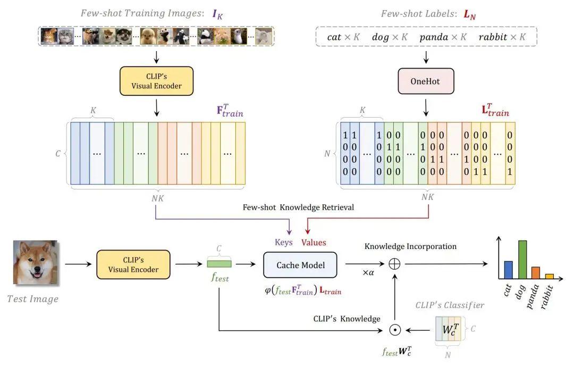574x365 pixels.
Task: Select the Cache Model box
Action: [x=300, y=264]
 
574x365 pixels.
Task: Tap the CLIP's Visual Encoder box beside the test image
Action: [x=133, y=264]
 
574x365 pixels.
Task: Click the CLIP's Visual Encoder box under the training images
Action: [x=156, y=81]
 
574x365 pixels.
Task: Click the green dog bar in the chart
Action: [x=522, y=260]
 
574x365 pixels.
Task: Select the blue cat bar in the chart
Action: [x=508, y=270]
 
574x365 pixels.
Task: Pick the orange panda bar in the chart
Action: [x=536, y=273]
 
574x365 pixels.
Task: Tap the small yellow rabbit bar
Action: [x=549, y=276]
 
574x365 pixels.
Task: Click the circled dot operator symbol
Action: [x=394, y=330]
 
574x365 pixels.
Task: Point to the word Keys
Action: [x=284, y=242]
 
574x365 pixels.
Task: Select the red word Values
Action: [x=314, y=242]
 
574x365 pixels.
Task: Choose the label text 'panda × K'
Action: [x=443, y=37]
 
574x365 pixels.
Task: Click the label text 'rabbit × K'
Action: [x=502, y=37]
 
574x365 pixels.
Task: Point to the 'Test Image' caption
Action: [x=33, y=298]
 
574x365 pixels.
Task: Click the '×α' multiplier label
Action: [x=369, y=272]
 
